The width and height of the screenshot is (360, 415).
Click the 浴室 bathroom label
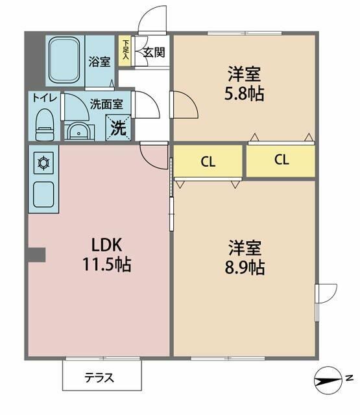point(99,62)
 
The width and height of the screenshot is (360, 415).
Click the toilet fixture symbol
point(44,124)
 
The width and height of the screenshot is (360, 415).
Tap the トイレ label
point(44,99)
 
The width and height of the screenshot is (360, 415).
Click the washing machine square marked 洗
point(119,126)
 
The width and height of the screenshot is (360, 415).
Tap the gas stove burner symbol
point(44,161)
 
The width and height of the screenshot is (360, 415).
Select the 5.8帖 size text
point(245,93)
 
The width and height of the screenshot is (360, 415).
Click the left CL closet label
point(208,161)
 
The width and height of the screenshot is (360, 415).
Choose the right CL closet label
point(281,160)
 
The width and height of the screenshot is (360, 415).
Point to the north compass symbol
point(333,378)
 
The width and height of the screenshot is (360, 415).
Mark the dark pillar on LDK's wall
point(36,255)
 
